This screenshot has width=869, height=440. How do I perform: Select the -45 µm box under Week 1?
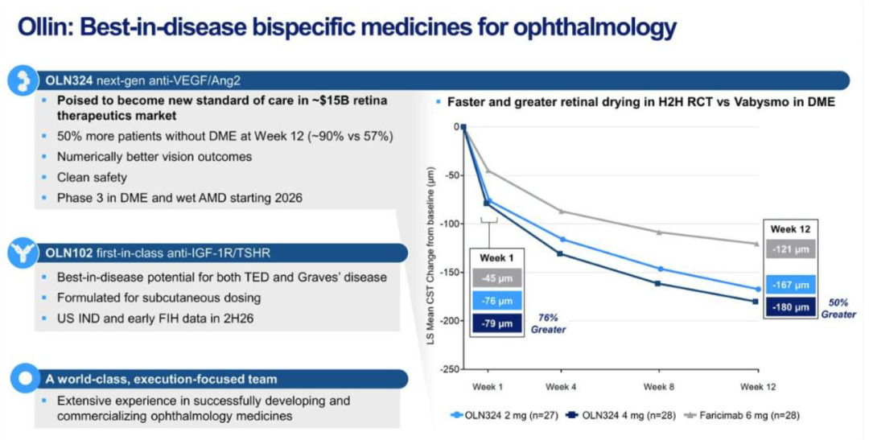tap(498, 278)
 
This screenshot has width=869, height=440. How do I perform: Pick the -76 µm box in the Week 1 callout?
tap(498, 302)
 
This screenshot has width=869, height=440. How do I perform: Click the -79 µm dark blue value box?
tap(498, 324)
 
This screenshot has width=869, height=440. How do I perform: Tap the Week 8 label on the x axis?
tap(659, 387)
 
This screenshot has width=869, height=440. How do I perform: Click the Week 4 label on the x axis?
tap(561, 387)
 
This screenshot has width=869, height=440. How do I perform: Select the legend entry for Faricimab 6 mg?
tap(739, 415)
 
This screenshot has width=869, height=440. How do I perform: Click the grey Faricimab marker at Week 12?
tap(757, 244)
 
